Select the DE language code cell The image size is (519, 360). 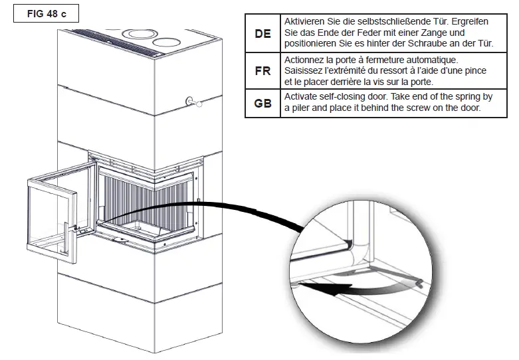pyautogui.click(x=262, y=33)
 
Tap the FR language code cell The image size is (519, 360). pyautogui.click(x=262, y=71)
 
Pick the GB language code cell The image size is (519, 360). pyautogui.click(x=262, y=104)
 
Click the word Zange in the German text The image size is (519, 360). pyautogui.click(x=423, y=33)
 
